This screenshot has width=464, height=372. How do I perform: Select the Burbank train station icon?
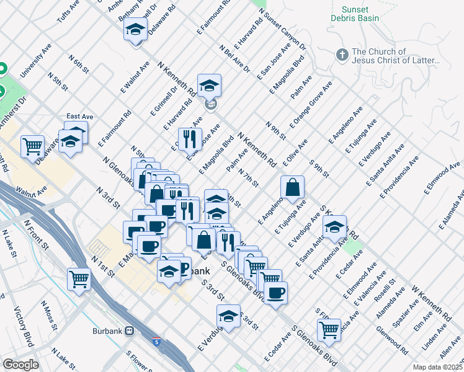tap(130, 330)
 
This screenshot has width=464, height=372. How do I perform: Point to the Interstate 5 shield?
tap(156, 342)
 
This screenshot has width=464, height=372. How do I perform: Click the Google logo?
tap(20, 365)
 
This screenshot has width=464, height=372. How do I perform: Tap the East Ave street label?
tap(80, 117)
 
